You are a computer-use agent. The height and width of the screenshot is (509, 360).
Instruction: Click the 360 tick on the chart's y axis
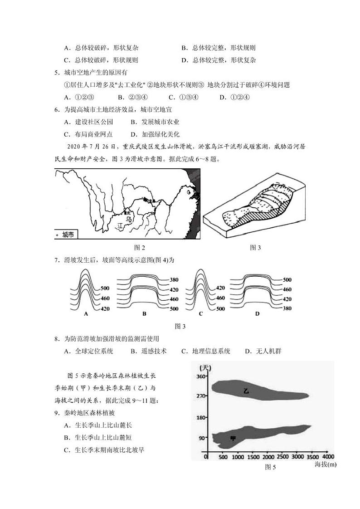click(x=199, y=377)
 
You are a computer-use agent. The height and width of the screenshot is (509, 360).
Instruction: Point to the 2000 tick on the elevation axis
click(x=268, y=456)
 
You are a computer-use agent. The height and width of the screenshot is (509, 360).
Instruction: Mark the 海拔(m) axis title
click(x=325, y=464)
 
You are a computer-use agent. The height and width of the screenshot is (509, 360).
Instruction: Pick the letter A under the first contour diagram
click(x=86, y=313)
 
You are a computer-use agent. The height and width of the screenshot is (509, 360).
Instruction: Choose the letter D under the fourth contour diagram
click(x=257, y=313)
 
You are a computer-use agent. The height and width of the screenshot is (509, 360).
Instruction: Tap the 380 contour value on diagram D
click(x=287, y=308)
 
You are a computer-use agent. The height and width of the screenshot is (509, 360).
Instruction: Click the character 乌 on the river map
click(x=129, y=220)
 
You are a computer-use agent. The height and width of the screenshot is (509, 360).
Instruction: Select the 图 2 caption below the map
click(x=140, y=247)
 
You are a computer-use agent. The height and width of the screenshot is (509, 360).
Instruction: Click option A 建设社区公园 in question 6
click(x=88, y=122)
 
